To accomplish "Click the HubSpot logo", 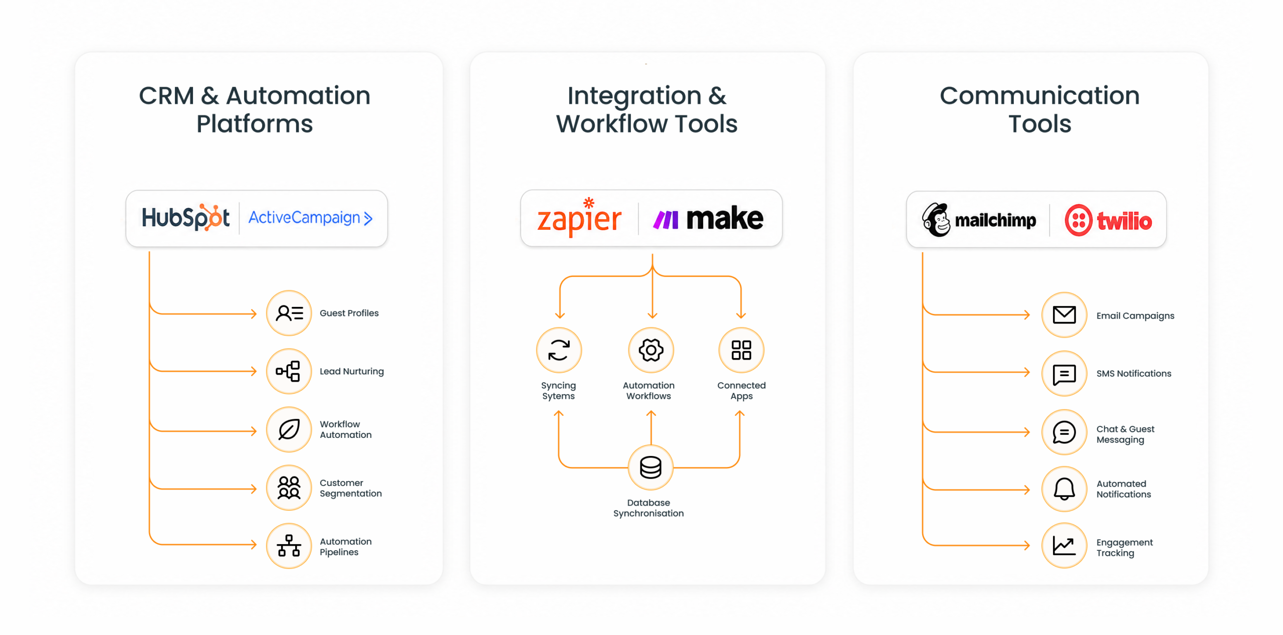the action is (185, 218).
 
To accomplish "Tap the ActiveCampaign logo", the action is (311, 218).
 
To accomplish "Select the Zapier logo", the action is (579, 217).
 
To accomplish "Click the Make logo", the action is (708, 218).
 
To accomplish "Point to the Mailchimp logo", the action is (979, 220).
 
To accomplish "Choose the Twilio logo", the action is (1108, 220).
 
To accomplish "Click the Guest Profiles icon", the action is (289, 313).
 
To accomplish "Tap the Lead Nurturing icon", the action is (289, 371).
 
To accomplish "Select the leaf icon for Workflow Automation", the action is (289, 429).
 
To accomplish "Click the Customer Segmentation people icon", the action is (289, 488).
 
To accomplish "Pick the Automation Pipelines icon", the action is (289, 546).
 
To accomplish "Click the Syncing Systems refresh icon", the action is (559, 350).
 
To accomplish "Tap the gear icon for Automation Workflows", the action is (651, 350).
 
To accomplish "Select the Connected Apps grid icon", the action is (741, 350).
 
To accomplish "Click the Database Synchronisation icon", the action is (651, 467).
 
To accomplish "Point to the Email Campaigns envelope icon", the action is (1064, 315).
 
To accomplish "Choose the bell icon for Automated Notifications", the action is (1064, 489).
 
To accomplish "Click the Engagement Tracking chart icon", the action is (1064, 546).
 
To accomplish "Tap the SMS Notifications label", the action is (1134, 374).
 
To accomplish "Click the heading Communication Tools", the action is (1040, 109).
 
